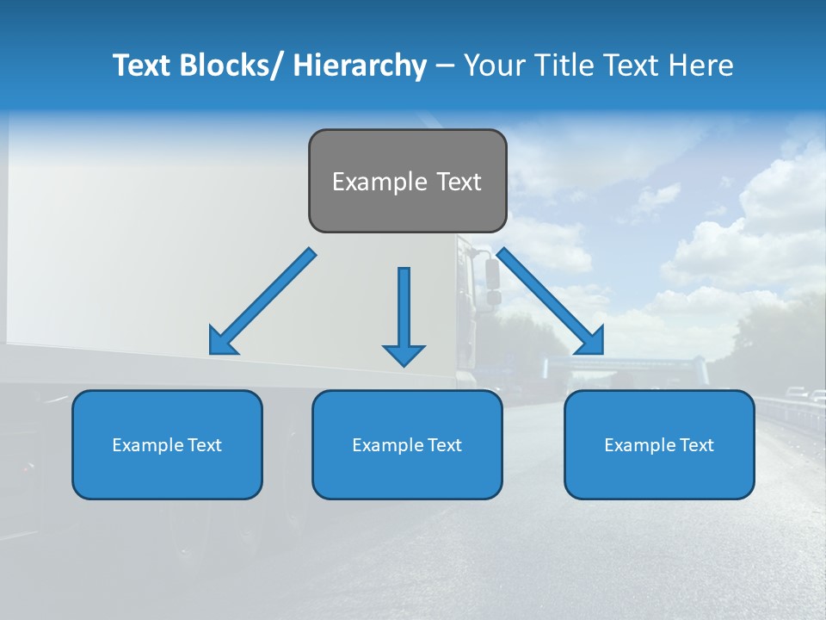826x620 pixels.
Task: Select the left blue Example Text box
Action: point(167,445)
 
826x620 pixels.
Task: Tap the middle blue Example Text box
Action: point(407,445)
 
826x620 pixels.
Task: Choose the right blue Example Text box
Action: point(659,445)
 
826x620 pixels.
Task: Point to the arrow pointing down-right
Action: point(551,301)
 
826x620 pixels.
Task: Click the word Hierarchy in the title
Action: point(360,65)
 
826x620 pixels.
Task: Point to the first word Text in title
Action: point(144,65)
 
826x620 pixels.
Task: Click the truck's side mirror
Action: point(492,274)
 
